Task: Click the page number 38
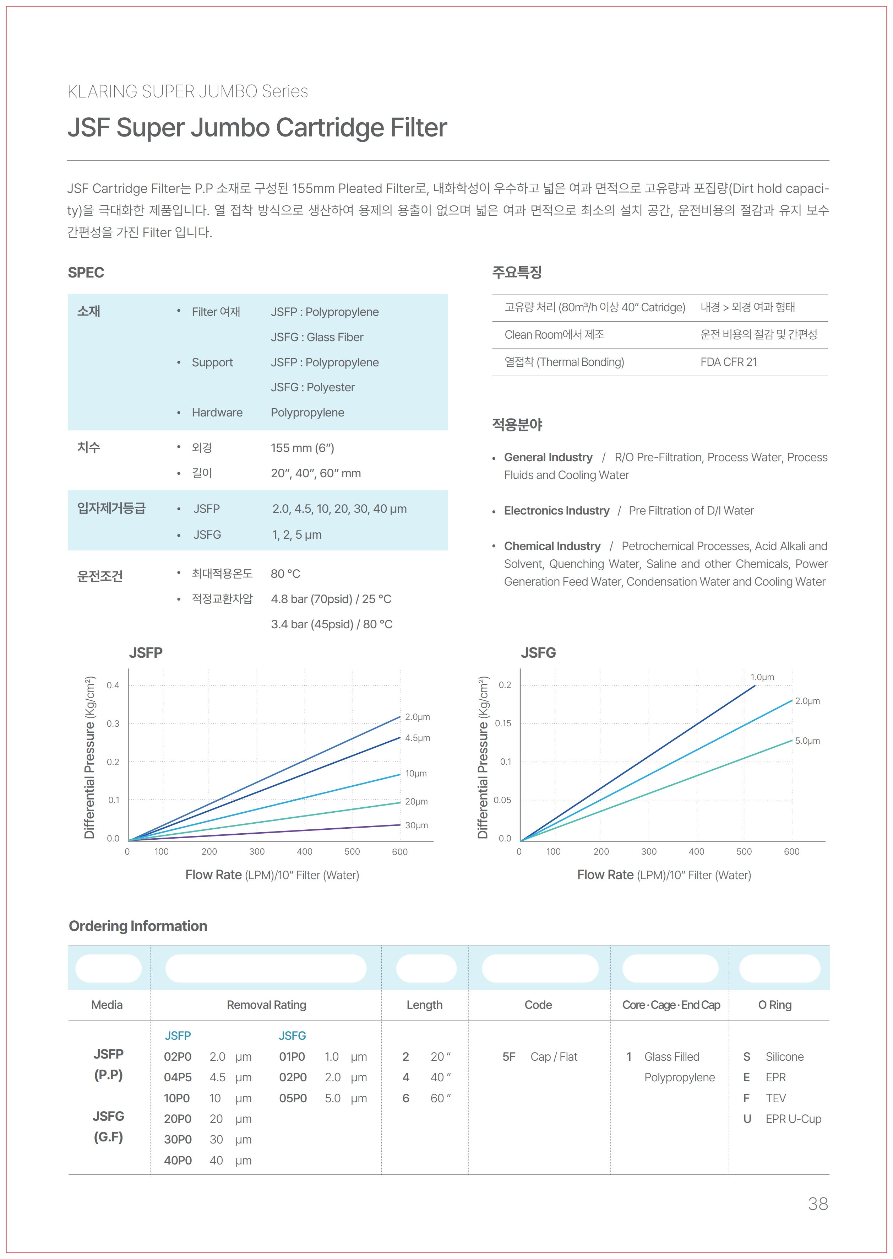(818, 1204)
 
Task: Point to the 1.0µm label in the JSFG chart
(762, 677)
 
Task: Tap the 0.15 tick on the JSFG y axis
(502, 723)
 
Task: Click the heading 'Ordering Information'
(138, 926)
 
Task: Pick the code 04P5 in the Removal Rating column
(178, 1077)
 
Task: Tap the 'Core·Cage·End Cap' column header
(671, 1005)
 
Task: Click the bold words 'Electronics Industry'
(556, 511)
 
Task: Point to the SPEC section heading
(86, 273)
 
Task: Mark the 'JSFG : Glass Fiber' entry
(317, 337)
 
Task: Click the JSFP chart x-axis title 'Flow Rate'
(213, 875)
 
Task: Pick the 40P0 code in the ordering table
(178, 1161)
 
